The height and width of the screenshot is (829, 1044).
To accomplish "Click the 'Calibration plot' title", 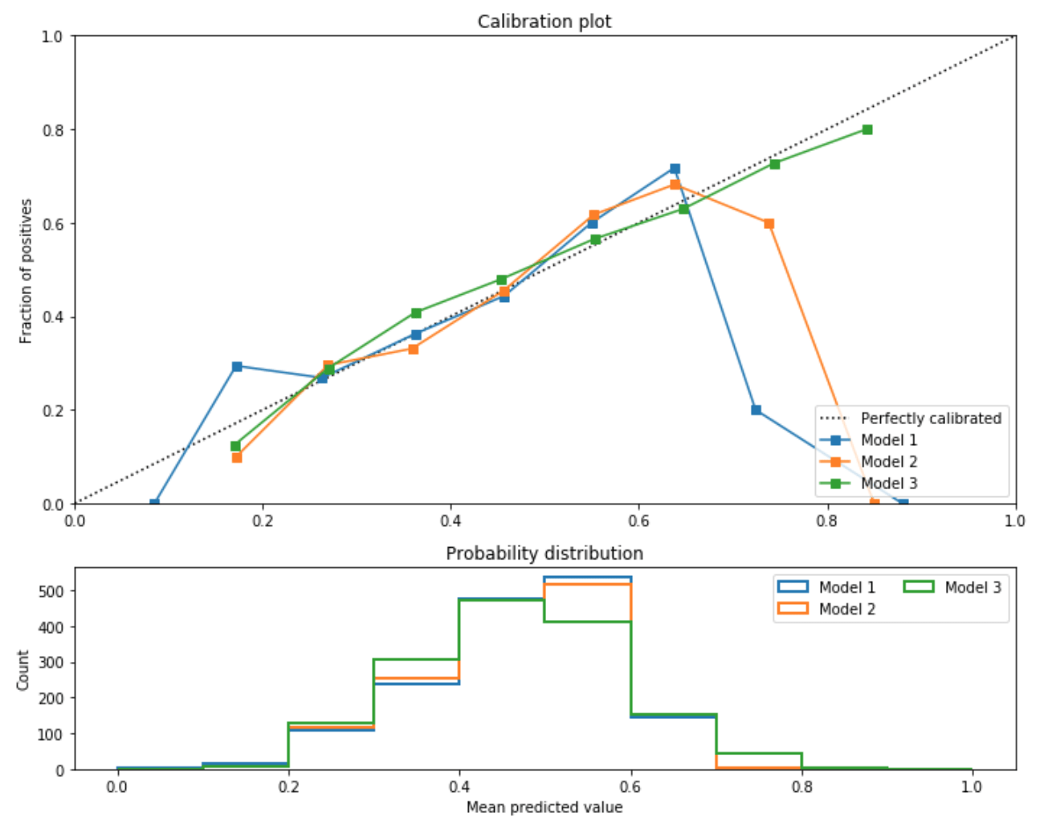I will [544, 22].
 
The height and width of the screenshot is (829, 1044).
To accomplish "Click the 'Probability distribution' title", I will [544, 553].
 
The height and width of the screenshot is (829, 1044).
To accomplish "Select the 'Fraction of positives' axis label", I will [27, 271].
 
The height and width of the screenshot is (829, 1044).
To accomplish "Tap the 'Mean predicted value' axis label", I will [544, 807].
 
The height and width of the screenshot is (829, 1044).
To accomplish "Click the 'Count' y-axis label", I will [23, 670].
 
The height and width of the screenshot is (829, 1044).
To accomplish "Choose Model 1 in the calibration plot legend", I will [888, 440].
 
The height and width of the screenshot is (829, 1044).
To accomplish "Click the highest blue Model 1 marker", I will [675, 169].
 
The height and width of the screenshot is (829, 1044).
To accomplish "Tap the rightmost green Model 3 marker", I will [867, 129].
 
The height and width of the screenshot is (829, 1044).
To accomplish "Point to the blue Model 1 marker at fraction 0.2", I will [756, 410].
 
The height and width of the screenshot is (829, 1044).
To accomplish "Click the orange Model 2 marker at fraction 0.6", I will [769, 223].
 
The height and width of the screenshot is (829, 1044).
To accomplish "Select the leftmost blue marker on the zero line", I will [154, 504].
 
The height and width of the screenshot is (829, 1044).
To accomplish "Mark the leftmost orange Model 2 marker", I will [237, 457].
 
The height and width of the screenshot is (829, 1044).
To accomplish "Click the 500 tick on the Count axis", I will [54, 590].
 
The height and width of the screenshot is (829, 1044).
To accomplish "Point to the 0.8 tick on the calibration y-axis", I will [54, 129].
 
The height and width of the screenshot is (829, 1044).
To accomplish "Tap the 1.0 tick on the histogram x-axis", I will [972, 786].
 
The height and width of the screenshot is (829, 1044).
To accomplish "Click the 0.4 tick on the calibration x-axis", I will [451, 521].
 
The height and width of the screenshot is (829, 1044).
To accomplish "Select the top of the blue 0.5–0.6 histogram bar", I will [587, 578].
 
